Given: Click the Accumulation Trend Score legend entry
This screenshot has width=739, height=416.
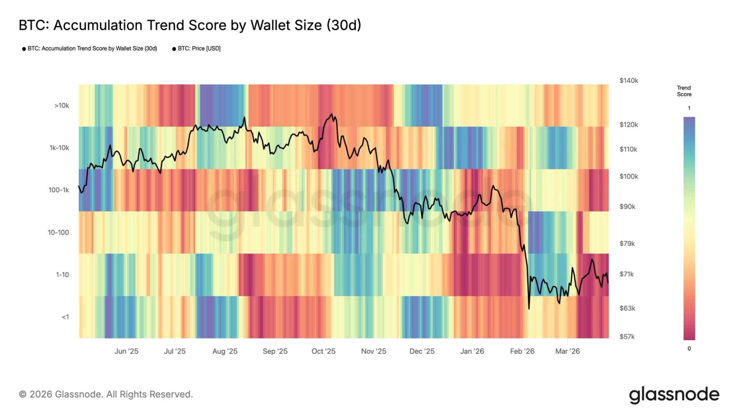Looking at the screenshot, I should point(92,49).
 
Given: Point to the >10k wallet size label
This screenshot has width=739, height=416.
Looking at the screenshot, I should point(62,106).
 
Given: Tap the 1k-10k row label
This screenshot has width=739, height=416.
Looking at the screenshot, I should point(59,148).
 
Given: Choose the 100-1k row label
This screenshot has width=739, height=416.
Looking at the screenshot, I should point(59,190).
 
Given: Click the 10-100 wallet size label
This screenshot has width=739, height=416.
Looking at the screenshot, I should point(59,233).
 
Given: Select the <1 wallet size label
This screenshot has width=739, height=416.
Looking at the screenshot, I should point(65,317).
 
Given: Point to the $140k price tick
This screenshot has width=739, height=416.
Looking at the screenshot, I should point(629,81).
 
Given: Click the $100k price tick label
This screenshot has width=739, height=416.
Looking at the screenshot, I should point(629,176).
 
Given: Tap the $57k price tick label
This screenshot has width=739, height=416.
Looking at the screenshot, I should point(627,337).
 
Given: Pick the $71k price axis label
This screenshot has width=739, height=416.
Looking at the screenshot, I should point(627,274).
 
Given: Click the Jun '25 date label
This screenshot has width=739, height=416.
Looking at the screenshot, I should point(126,351).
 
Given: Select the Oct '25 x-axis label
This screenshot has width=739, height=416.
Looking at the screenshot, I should point(323,351).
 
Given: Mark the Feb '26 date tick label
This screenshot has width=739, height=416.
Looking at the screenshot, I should point(522,351).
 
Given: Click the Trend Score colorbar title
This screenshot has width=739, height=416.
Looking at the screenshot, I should point(684,91).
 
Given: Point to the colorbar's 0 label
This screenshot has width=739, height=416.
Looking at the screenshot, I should point(689,349).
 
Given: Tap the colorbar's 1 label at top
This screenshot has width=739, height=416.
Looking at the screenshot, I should point(689,108).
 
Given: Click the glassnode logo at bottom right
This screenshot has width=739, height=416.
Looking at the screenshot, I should point(674,395).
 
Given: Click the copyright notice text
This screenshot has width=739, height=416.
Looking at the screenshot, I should point(106,394).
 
